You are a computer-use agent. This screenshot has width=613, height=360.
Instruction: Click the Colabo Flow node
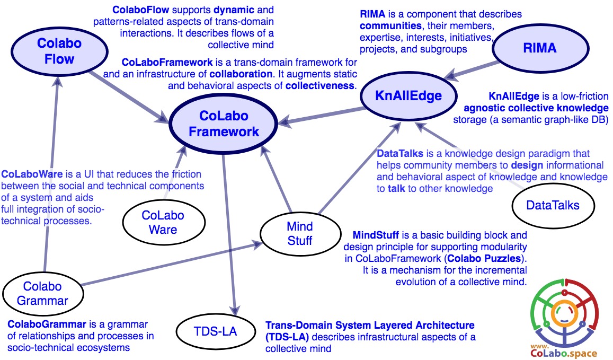coord(59,50)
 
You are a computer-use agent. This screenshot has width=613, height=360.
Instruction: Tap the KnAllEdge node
coord(408,96)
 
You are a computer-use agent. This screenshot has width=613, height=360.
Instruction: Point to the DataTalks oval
coord(553,205)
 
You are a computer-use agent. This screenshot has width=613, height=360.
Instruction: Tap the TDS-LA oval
coord(215,332)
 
